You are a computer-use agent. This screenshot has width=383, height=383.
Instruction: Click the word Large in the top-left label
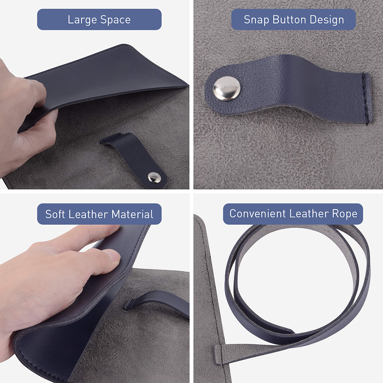point(82,20)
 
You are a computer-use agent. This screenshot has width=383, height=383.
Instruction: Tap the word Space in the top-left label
point(116,20)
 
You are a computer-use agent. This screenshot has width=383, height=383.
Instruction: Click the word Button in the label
point(289,20)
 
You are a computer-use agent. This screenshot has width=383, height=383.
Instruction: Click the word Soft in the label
point(55,214)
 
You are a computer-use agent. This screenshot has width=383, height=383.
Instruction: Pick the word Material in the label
point(133,214)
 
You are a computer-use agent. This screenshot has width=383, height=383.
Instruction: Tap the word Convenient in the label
point(257,213)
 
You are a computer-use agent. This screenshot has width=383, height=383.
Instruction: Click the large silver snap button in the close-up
point(227,88)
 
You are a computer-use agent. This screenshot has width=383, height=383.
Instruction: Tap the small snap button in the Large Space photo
point(154,177)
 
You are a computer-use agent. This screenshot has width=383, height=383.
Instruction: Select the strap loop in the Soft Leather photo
point(156,302)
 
